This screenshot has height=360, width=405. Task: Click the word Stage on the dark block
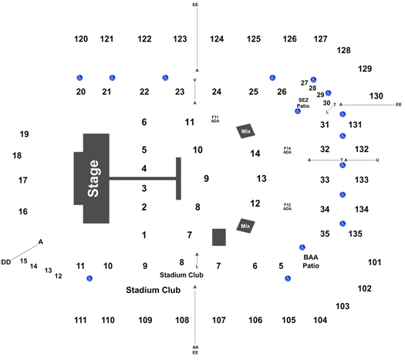pyautogui.click(x=93, y=179)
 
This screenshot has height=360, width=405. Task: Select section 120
pyautogui.click(x=81, y=39)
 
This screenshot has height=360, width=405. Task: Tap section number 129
pyautogui.click(x=365, y=69)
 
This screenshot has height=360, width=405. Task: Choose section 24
pyautogui.click(x=217, y=92)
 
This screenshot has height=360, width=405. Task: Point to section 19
pyautogui.click(x=24, y=134)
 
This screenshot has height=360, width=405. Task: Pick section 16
pyautogui.click(x=22, y=212)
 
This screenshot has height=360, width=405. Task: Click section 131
pyautogui.click(x=355, y=125)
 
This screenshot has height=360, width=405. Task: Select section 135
pyautogui.click(x=356, y=234)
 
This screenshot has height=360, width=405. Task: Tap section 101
pyautogui.click(x=374, y=262)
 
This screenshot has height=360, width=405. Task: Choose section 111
pyautogui.click(x=80, y=320)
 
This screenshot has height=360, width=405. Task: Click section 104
pyautogui.click(x=320, y=320)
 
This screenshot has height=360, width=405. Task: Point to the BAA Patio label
pyautogui.click(x=311, y=261)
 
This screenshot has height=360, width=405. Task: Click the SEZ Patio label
pyautogui.click(x=303, y=103)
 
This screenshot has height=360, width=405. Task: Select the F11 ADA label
pyautogui.click(x=215, y=119)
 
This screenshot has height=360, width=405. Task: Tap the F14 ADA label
pyautogui.click(x=287, y=150)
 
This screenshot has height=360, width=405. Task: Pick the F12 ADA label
pyautogui.click(x=287, y=207)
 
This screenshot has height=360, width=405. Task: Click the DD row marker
pyautogui.click(x=6, y=262)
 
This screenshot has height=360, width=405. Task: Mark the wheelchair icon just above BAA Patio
pyautogui.click(x=302, y=247)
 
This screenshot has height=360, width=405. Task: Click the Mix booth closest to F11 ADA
pyautogui.click(x=245, y=131)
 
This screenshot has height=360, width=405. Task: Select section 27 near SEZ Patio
pyautogui.click(x=304, y=82)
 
